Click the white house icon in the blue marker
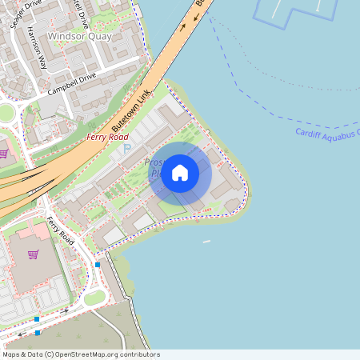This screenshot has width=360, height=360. [x=180, y=172]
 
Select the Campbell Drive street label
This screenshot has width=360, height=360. [x=71, y=83]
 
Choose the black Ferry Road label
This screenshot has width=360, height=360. [x=61, y=230]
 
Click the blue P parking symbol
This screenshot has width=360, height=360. [x=126, y=149]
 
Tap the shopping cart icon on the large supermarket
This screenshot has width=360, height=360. [x=34, y=254]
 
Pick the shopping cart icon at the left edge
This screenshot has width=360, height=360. [x=3, y=153]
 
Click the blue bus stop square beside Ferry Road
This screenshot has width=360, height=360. [x=98, y=264]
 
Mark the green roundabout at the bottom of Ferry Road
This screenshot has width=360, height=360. [x=94, y=298]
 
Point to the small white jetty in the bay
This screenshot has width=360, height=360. [x=206, y=241]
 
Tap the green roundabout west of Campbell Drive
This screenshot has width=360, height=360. [x=6, y=113]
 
